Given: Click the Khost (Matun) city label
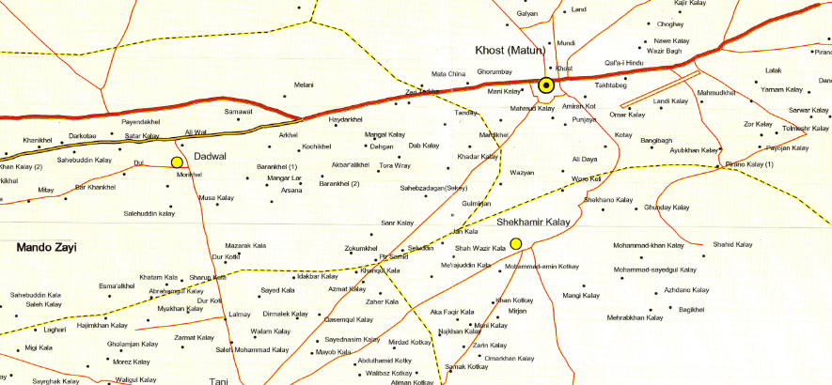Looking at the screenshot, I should pyautogui.click(x=512, y=49).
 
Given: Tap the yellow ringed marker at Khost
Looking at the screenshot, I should pyautogui.click(x=545, y=87).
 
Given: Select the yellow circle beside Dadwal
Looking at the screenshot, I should pyautogui.click(x=176, y=163).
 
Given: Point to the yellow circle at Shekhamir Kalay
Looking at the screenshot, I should pyautogui.click(x=516, y=244).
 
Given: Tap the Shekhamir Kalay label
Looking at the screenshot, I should pyautogui.click(x=534, y=222).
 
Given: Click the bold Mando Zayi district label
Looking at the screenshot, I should pyautogui.click(x=46, y=247).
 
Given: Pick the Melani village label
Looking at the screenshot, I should pyautogui.click(x=304, y=85).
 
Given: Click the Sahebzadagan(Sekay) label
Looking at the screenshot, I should pyautogui.click(x=434, y=188).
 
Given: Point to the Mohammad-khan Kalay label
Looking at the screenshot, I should pyautogui.click(x=649, y=246).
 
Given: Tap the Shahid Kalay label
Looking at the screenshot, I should pyautogui.click(x=733, y=245).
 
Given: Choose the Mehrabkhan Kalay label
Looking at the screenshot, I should pyautogui.click(x=639, y=318).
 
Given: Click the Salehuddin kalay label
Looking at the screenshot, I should pyautogui.click(x=149, y=214).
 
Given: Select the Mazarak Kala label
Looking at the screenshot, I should pyautogui.click(x=246, y=245).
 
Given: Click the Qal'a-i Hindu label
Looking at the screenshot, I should pyautogui.click(x=623, y=63).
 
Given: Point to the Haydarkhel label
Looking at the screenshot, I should pyautogui.click(x=345, y=120).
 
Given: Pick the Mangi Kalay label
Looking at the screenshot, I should pyautogui.click(x=581, y=296).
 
